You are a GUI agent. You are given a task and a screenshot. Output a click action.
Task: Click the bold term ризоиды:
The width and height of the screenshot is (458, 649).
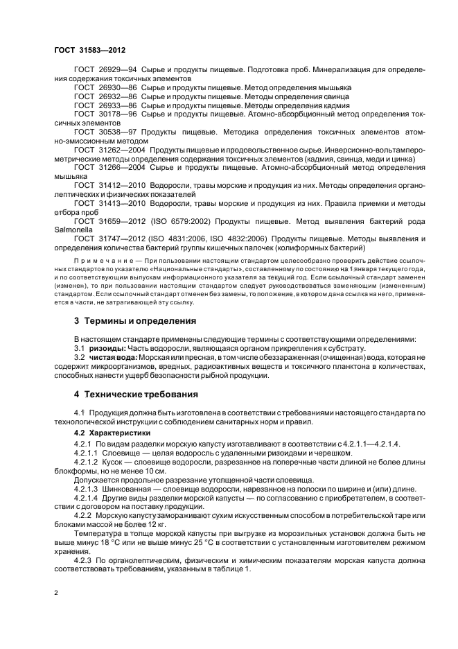(106, 347)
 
